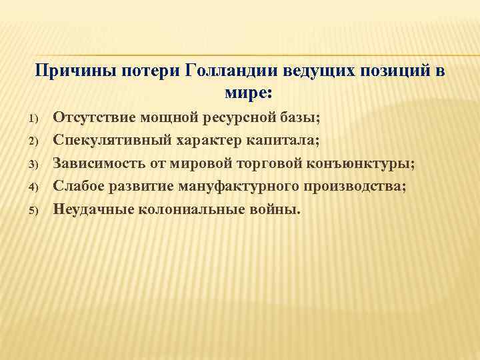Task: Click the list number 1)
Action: [x=37, y=119]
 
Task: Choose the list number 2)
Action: [x=37, y=142]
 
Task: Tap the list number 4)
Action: [x=37, y=187]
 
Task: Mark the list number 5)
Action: [x=37, y=210]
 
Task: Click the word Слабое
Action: [x=78, y=186]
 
